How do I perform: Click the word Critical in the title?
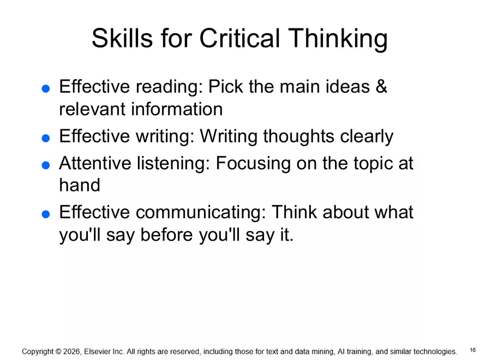pyautogui.click(x=239, y=39)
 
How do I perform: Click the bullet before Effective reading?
pyautogui.click(x=46, y=89)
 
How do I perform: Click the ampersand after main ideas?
pyautogui.click(x=381, y=87)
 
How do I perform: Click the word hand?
pyautogui.click(x=80, y=185)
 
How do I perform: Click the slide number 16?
pyautogui.click(x=472, y=350)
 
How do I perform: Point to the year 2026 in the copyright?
pyautogui.click(x=71, y=352)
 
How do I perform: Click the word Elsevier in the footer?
pyautogui.click(x=99, y=352)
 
